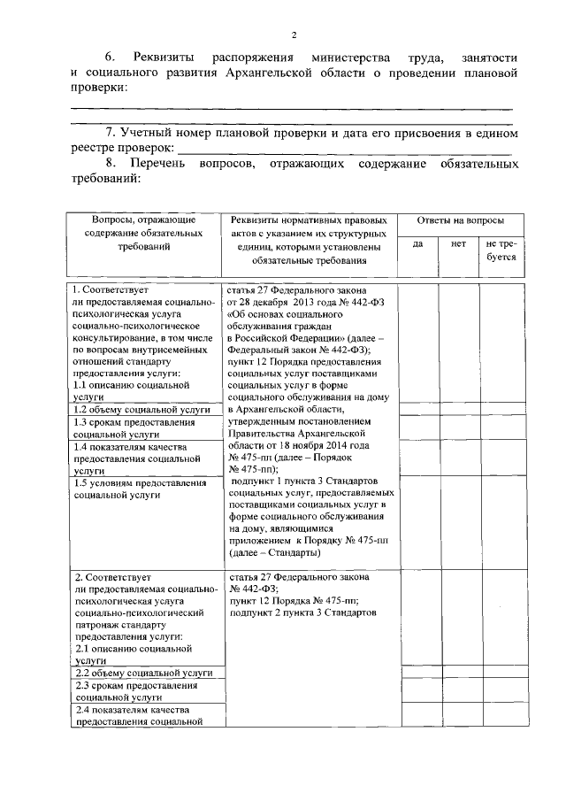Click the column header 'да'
tap(417, 243)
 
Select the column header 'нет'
tap(458, 243)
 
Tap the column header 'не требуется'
tap(501, 250)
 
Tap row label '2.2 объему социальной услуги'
tap(141, 673)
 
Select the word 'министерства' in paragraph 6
tap(340, 57)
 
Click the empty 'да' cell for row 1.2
tap(417, 410)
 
